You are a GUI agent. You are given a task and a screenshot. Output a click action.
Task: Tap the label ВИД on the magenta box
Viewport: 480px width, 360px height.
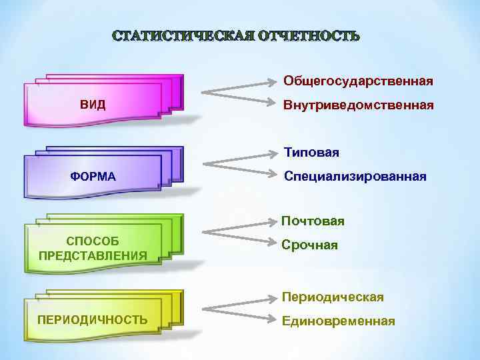pos(93,105)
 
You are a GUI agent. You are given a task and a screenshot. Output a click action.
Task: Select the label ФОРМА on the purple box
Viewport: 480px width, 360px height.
pos(93,177)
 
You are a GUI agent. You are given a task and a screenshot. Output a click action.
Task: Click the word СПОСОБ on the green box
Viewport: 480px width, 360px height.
pos(93,240)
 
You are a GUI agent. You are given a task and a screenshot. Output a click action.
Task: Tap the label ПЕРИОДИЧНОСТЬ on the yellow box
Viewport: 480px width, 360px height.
pos(93,319)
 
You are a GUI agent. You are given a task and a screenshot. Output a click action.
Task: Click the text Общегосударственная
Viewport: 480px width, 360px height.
pos(358,81)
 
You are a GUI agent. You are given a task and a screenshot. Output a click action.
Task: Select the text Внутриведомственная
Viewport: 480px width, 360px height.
pos(358,105)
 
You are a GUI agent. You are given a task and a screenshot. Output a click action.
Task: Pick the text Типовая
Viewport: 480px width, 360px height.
pos(311,153)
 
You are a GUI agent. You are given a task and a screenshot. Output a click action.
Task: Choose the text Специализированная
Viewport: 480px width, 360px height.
pos(355,177)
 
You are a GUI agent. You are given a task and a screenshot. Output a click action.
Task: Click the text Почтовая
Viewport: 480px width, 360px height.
pos(313,221)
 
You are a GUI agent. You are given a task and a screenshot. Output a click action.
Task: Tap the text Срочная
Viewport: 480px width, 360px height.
pos(309,245)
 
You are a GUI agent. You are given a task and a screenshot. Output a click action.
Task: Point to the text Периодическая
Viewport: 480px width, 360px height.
pos(333,297)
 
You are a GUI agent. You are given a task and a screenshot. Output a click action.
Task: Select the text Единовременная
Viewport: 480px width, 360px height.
pos(339,321)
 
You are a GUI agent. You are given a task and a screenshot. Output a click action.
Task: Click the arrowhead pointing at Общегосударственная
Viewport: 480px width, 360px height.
pos(273,82)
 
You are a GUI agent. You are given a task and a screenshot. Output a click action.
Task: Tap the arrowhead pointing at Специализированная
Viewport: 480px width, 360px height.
pos(273,176)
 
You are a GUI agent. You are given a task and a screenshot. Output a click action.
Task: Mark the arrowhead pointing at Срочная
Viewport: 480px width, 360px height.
pos(273,245)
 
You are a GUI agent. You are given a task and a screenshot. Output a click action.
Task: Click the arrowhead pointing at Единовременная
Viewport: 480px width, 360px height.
pos(273,321)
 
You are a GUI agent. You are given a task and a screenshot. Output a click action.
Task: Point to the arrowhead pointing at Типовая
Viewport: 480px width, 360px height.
pos(273,153)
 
